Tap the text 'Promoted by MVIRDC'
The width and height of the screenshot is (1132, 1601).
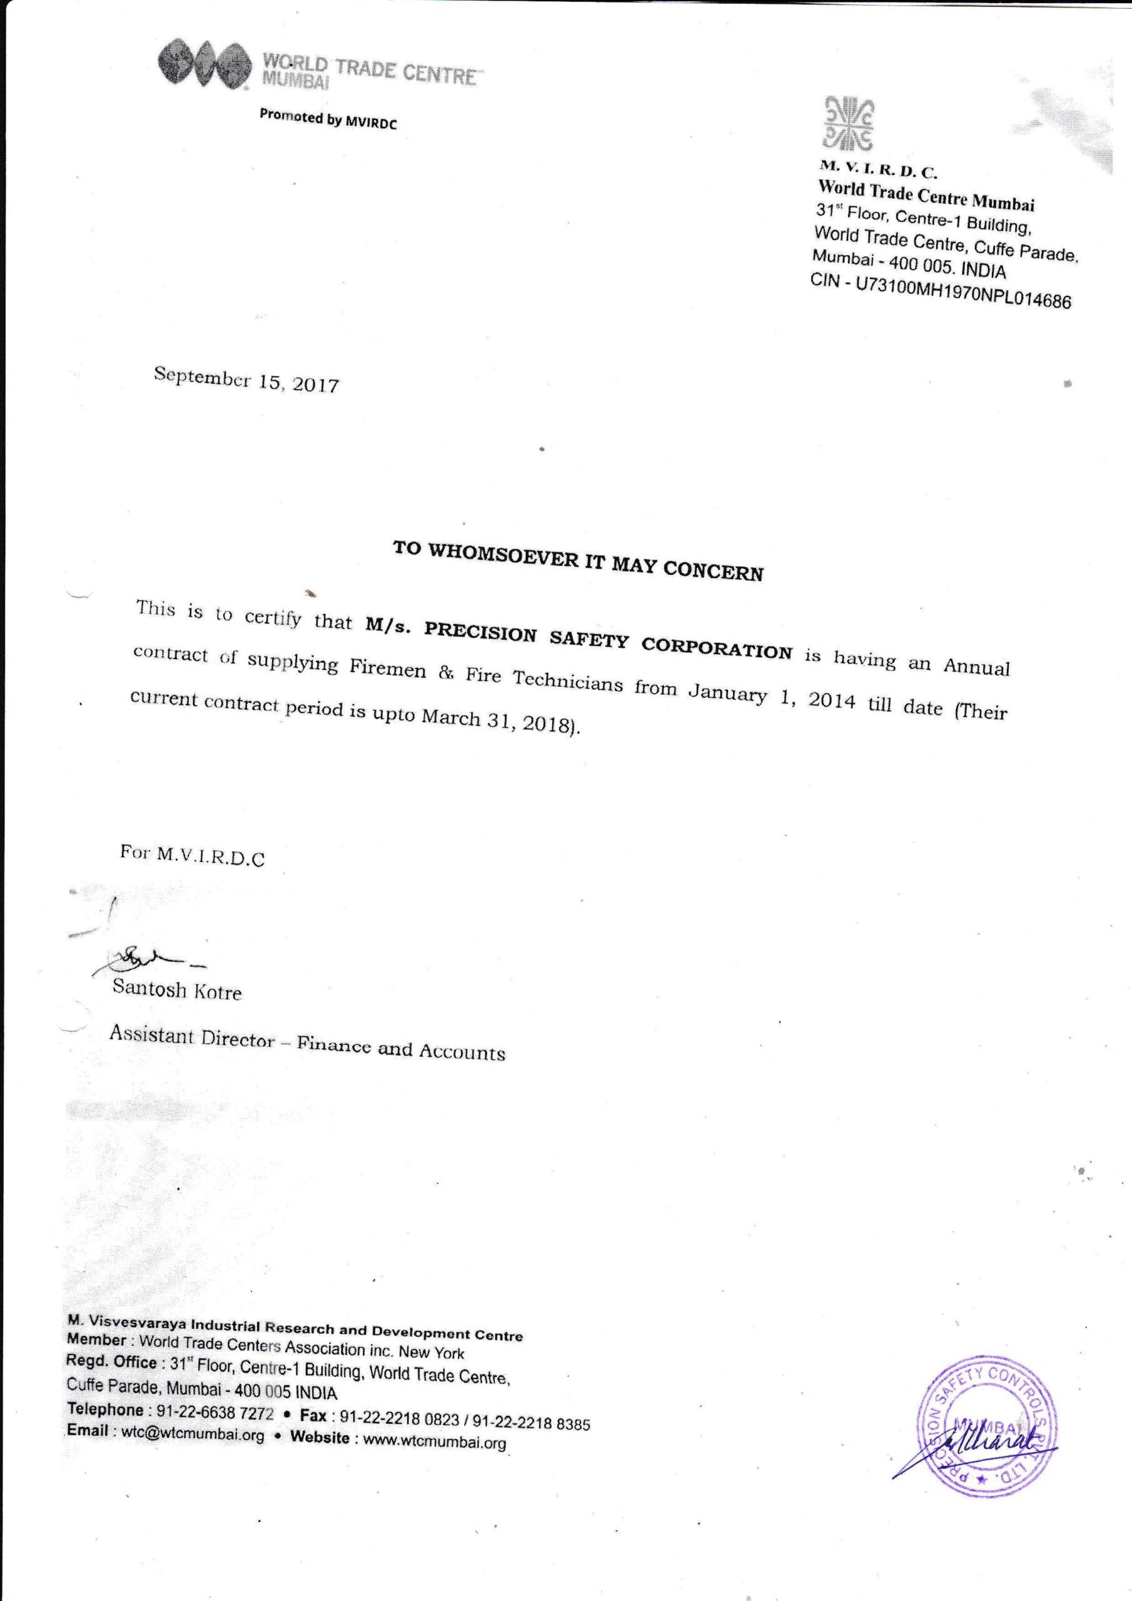point(328,119)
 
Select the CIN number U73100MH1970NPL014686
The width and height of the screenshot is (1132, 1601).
point(962,293)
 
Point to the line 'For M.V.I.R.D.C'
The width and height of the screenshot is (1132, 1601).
point(193,855)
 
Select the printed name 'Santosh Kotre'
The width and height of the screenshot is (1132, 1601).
point(177,989)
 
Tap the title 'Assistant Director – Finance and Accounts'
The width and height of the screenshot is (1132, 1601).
point(307,1044)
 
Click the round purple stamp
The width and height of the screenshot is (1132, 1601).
point(986,1423)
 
